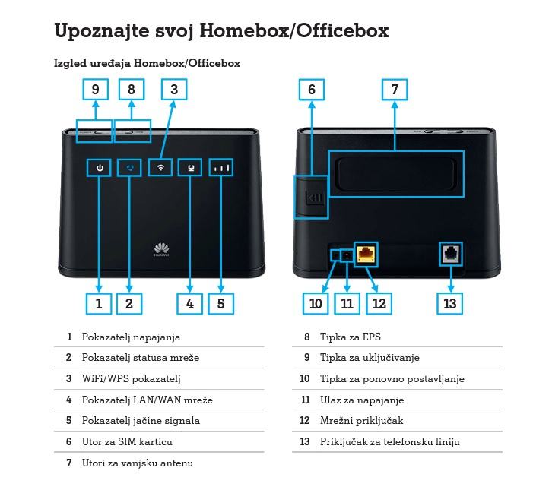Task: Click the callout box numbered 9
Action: click(95, 90)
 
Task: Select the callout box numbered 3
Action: click(174, 90)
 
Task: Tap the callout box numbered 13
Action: click(450, 303)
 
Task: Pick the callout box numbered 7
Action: click(395, 90)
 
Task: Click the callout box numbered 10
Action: click(316, 303)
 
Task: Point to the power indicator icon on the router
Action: click(100, 167)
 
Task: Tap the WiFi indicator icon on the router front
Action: click(160, 167)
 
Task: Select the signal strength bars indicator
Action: click(222, 167)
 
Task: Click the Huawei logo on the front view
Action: click(161, 251)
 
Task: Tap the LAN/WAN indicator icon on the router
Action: click(190, 167)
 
